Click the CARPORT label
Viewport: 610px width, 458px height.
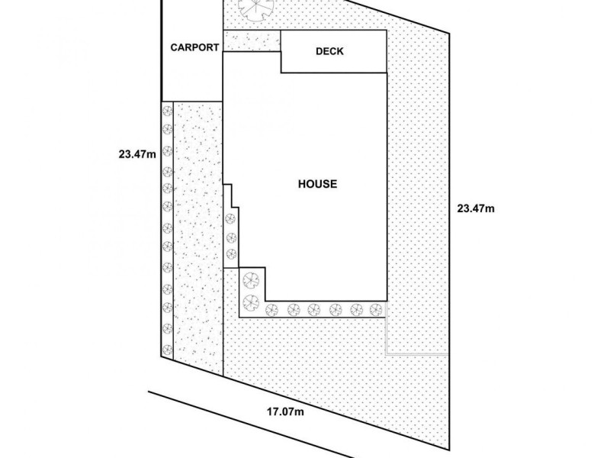194,47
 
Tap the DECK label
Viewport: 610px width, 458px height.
329,52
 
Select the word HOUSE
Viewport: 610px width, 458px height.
316,183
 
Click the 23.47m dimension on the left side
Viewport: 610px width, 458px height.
137,153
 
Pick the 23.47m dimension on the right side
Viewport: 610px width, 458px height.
476,208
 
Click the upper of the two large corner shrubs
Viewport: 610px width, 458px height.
250,280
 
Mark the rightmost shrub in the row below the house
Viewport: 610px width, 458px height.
374,310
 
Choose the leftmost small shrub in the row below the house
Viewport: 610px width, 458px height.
272,310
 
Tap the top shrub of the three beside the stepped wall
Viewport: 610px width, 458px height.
231,220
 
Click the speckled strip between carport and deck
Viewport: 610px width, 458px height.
252,42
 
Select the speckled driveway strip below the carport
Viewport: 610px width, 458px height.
198,237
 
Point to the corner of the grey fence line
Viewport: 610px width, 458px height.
387,354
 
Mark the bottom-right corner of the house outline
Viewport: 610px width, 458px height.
387,301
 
